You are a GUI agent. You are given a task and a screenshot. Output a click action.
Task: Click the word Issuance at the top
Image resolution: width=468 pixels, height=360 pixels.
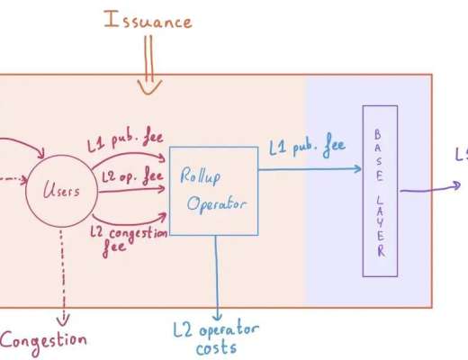(x=148, y=19)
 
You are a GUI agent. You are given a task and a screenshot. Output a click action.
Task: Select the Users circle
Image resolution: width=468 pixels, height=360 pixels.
(x=63, y=190)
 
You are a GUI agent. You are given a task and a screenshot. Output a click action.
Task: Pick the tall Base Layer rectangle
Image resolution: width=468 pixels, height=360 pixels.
(x=379, y=190)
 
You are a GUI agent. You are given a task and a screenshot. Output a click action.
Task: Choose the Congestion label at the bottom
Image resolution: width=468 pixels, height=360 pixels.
(x=43, y=339)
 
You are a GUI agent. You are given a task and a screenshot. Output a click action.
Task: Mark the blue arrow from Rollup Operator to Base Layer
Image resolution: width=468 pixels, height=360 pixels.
(x=306, y=167)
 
